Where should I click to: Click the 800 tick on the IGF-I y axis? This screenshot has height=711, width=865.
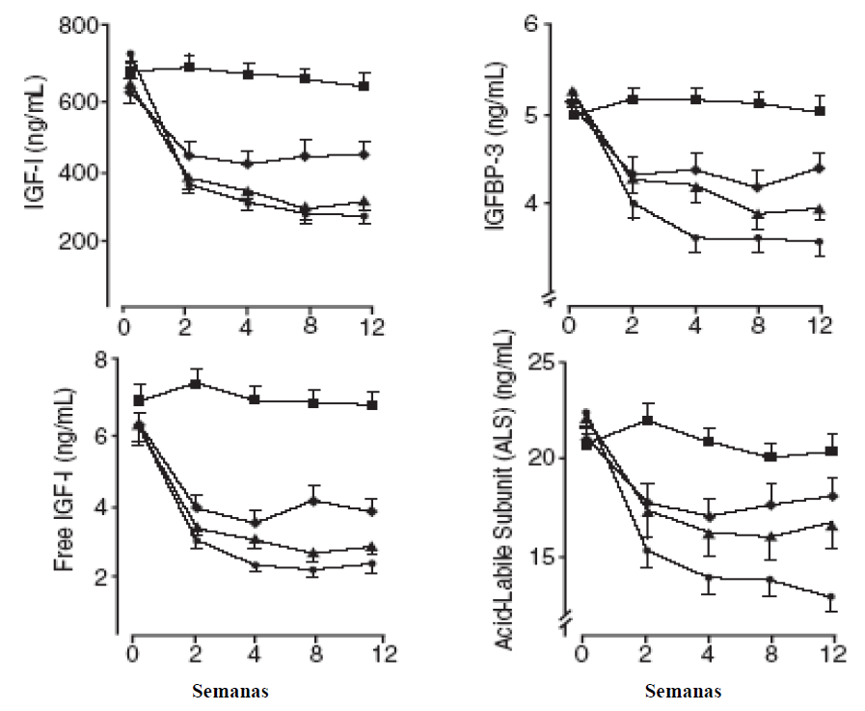(x=88, y=26)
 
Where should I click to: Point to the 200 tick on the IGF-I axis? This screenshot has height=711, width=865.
(x=88, y=241)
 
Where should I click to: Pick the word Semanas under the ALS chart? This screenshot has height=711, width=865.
(x=682, y=692)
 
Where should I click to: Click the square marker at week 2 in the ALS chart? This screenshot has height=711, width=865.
(x=648, y=420)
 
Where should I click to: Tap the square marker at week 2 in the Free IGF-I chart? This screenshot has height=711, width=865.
(x=196, y=383)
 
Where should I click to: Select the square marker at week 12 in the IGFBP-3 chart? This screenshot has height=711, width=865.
(x=820, y=111)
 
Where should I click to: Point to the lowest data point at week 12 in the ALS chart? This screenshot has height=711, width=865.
(x=830, y=597)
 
